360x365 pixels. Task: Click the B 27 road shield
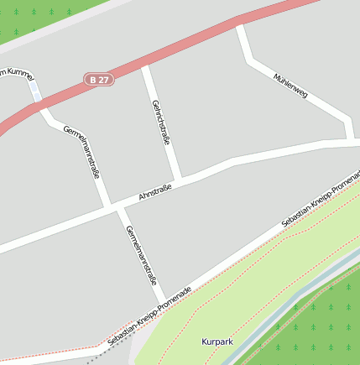(98, 80)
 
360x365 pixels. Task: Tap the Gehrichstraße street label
(161, 123)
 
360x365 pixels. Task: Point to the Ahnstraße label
(154, 195)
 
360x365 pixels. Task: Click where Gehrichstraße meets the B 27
(145, 65)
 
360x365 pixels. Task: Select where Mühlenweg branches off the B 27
(241, 26)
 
